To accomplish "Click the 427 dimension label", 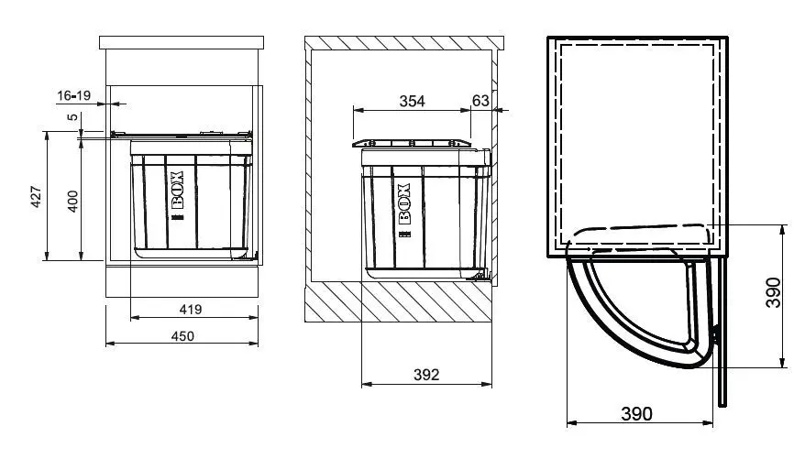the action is pos(36,197).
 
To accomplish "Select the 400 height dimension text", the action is pos(73,201).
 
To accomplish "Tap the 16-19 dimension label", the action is pos(74,95).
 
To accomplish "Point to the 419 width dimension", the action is pos(191,310).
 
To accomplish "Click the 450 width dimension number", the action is pos(182,336).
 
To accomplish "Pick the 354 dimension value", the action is pos(413,101).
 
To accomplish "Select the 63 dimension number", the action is pos(480,101).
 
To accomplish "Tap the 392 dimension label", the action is pos(426,375).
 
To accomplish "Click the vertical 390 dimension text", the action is pos(773,292).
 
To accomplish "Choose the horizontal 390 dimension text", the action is pos(636,413).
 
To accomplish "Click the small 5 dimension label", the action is pos(73,117).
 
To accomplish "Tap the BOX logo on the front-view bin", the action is pos(176,196).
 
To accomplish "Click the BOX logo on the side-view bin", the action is pos(405,211).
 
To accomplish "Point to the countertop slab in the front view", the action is pos(182,42).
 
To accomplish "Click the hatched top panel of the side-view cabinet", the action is pos(404,43).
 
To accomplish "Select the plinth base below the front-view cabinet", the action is pos(182,281).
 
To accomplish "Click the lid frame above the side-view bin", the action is pos(412,143).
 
